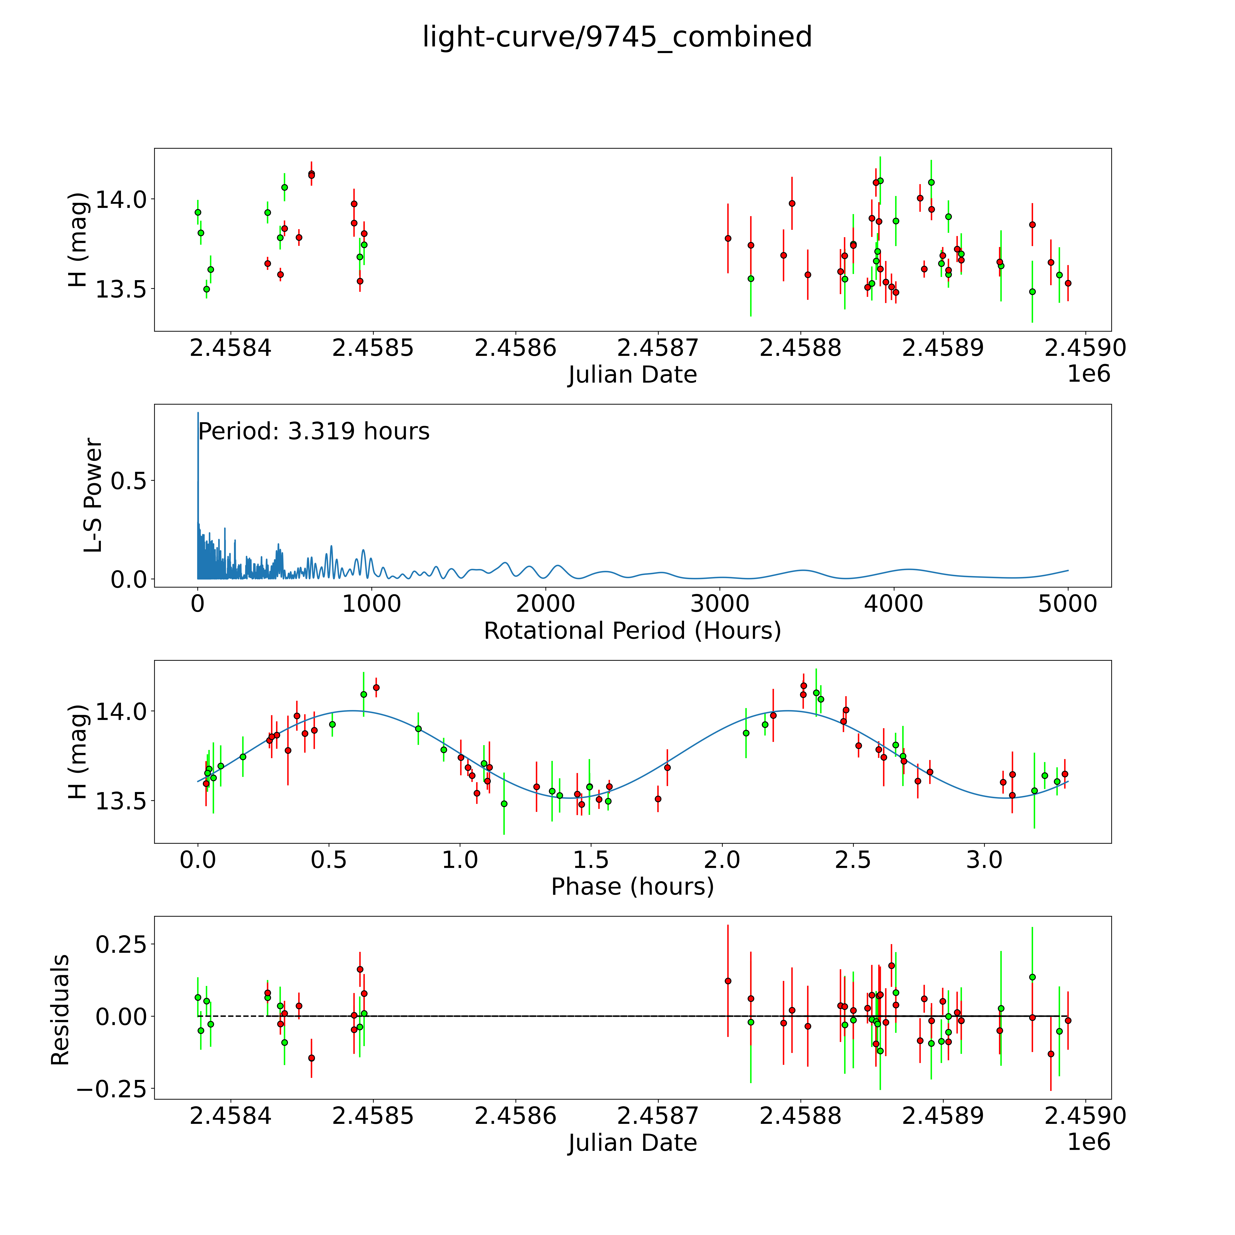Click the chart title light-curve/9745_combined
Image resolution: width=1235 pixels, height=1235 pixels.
pyautogui.click(x=617, y=37)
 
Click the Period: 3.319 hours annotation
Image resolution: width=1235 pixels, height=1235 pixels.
pyautogui.click(x=314, y=432)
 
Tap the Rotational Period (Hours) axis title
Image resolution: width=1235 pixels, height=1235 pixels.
pyautogui.click(x=632, y=631)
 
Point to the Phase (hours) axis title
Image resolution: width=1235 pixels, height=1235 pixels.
pyautogui.click(x=632, y=887)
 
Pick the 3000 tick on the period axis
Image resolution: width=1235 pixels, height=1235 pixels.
pyautogui.click(x=720, y=604)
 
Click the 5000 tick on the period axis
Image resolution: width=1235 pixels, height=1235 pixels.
pyautogui.click(x=1068, y=604)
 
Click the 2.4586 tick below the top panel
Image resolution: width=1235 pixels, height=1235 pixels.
pyautogui.click(x=515, y=348)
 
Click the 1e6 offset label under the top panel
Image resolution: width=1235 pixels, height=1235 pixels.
pyautogui.click(x=1089, y=374)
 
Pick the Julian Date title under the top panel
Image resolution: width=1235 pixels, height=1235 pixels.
pyautogui.click(x=632, y=375)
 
